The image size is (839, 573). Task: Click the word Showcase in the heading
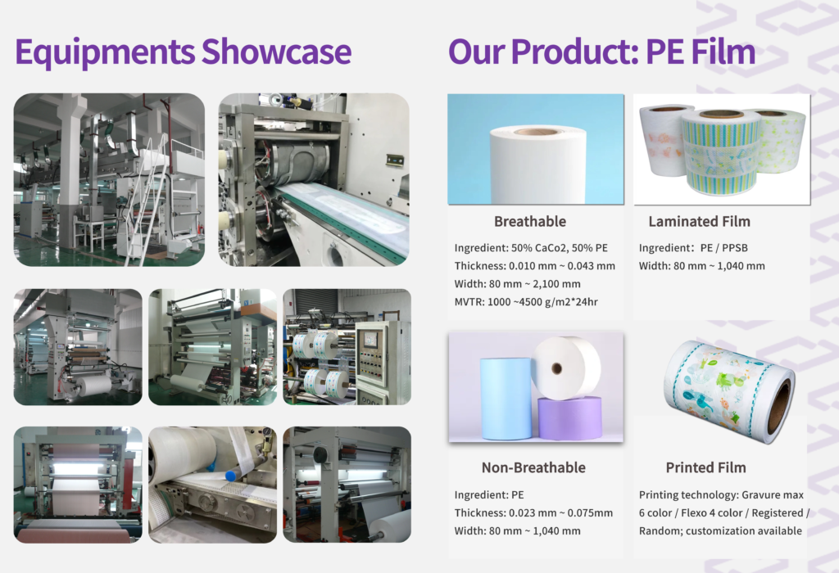point(276,52)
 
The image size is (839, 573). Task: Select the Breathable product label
point(530,221)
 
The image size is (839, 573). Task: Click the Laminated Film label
point(700,221)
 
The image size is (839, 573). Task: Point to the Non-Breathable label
point(533,467)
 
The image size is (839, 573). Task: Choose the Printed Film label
point(705,467)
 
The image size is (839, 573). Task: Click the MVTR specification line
point(526,302)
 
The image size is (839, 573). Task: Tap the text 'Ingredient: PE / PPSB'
point(693,248)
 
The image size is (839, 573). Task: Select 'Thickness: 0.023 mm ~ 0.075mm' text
point(533,513)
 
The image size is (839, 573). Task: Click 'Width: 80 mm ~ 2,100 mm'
point(518,284)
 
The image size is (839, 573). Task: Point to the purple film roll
point(569,418)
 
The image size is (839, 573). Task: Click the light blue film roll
point(506,398)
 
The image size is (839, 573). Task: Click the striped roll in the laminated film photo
point(720,152)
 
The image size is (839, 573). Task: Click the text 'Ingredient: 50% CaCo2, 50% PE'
point(531,248)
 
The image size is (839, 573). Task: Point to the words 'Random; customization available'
point(720,531)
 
